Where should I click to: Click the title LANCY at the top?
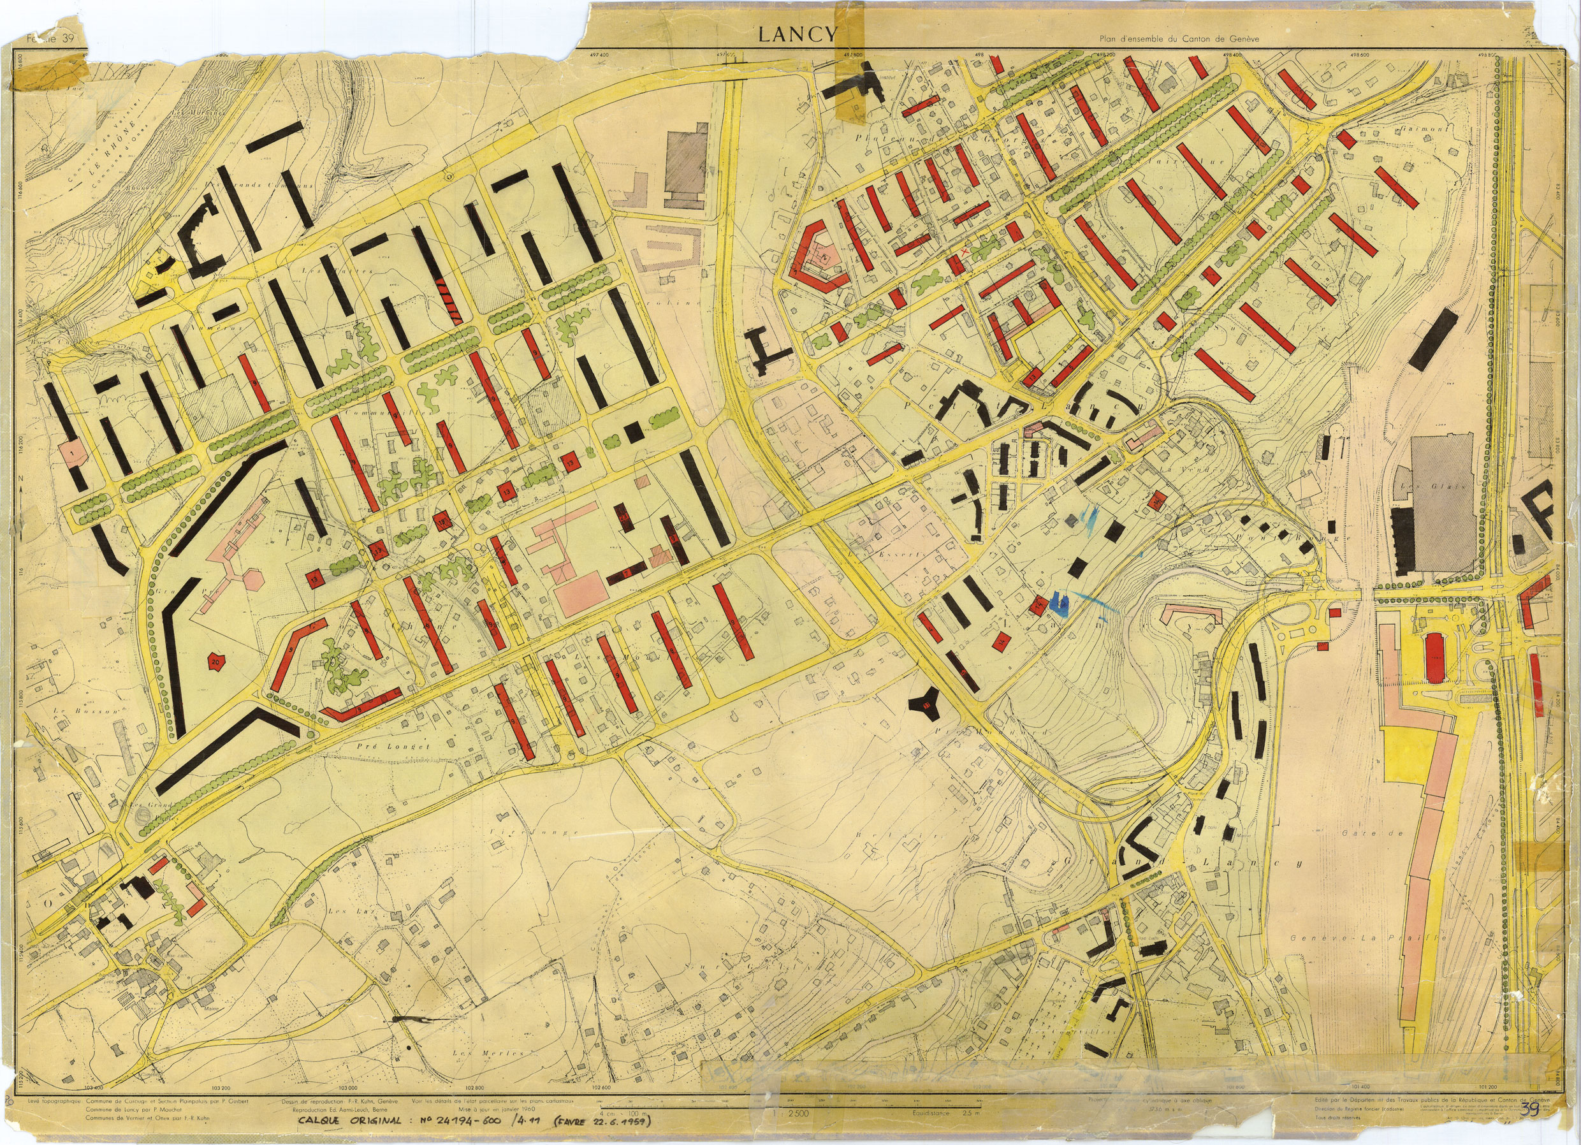(797, 35)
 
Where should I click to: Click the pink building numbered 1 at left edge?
(73, 453)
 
